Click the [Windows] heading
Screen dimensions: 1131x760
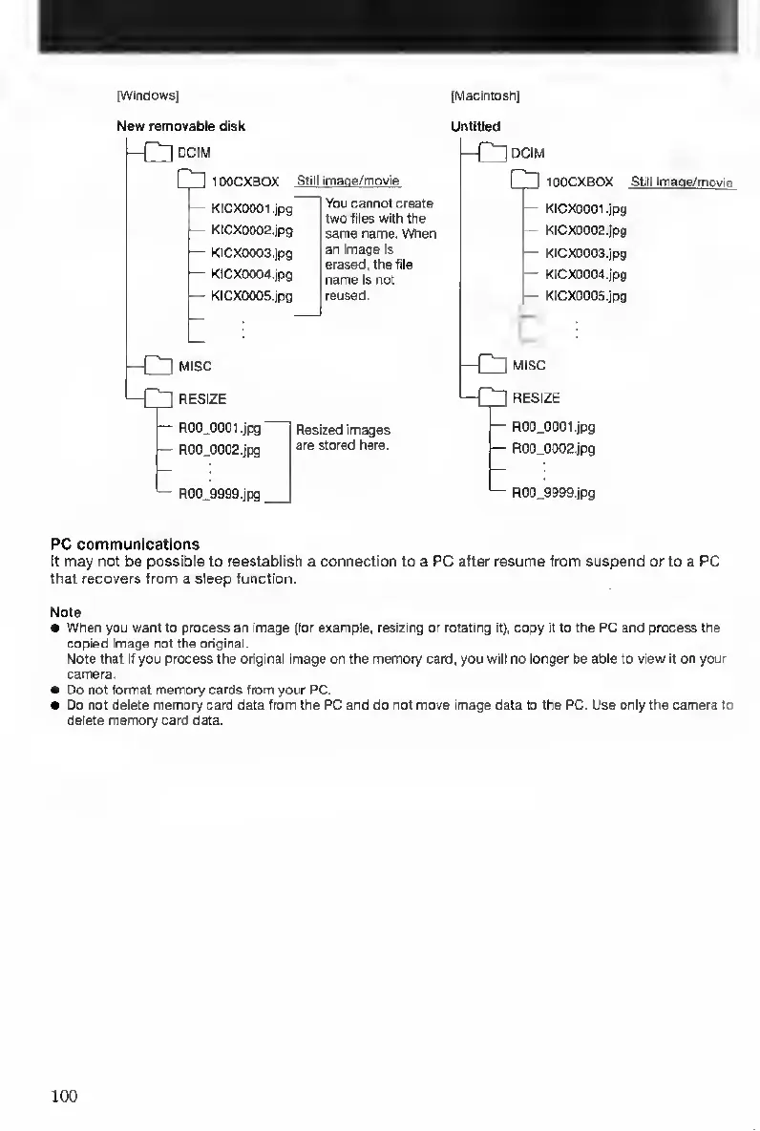coord(149,95)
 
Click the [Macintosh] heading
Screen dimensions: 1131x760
coord(485,95)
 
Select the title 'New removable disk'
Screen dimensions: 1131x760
coord(180,126)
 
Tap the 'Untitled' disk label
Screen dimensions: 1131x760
coord(475,126)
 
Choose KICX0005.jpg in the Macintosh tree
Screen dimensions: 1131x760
coord(585,296)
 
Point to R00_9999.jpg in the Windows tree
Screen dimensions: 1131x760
coord(219,494)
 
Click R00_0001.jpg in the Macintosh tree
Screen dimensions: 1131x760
coord(553,427)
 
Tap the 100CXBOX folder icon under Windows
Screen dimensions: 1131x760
coord(191,181)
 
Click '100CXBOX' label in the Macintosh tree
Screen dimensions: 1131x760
coord(579,181)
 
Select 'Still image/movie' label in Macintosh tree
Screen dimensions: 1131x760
coord(683,181)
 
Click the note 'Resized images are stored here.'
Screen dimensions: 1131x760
coord(343,437)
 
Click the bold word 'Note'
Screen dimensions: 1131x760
coord(66,611)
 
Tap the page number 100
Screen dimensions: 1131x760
coord(63,1095)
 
